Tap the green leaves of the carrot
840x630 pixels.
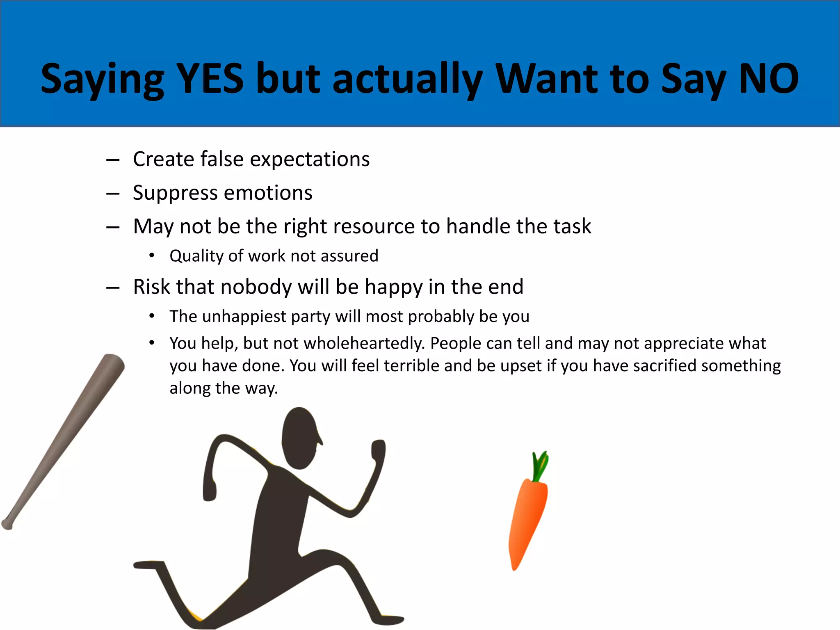(x=540, y=466)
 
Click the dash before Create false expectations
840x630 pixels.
(x=112, y=160)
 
